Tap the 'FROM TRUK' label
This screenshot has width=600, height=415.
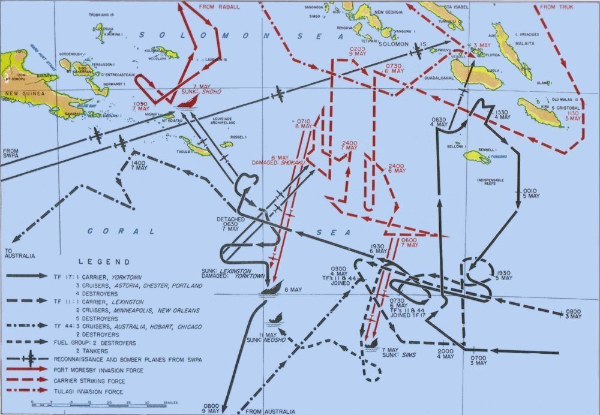click(x=557, y=7)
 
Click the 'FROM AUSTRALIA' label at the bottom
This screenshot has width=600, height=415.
click(x=270, y=411)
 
